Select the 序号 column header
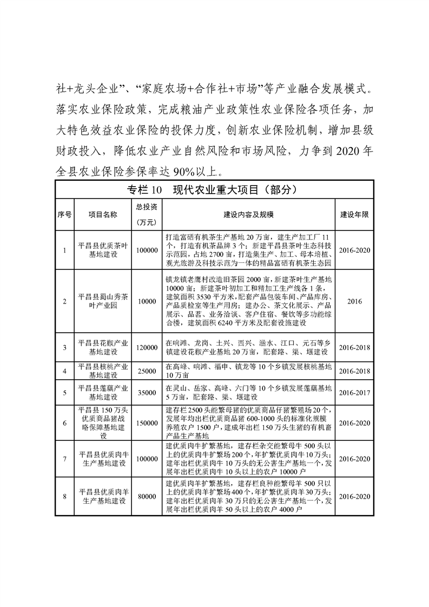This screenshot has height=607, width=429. pyautogui.click(x=64, y=215)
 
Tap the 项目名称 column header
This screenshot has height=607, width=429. pyautogui.click(x=103, y=215)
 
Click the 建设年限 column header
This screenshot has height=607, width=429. pyautogui.click(x=354, y=215)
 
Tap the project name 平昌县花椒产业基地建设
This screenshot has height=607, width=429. pyautogui.click(x=103, y=347)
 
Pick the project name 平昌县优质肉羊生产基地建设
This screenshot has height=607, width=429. pyautogui.click(x=103, y=496)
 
